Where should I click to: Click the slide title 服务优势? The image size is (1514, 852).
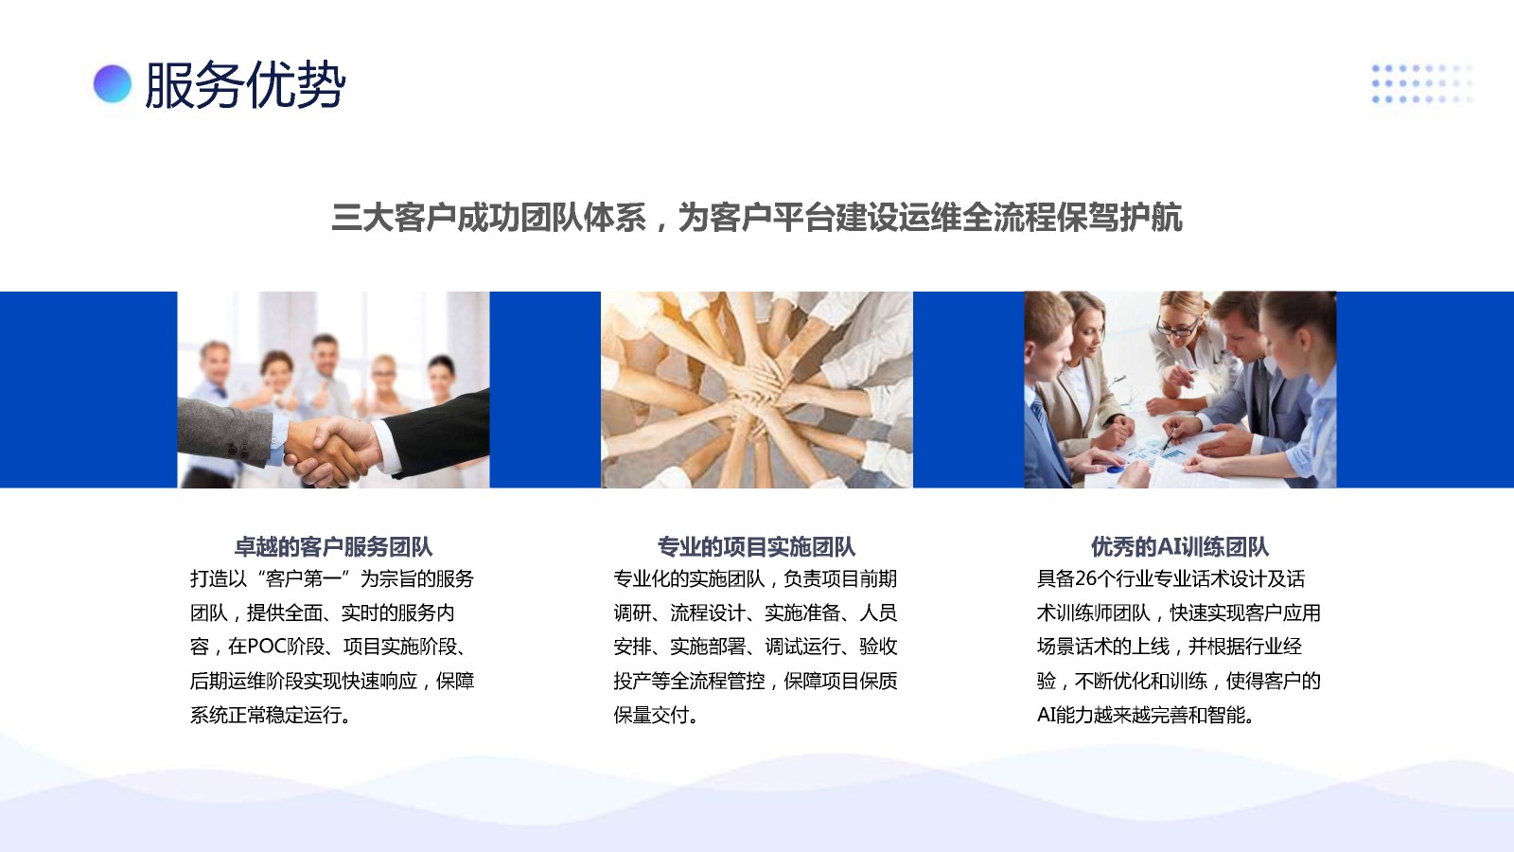[x=245, y=84]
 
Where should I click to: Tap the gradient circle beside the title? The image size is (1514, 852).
[x=113, y=84]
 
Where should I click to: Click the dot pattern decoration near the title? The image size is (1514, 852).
[x=1422, y=84]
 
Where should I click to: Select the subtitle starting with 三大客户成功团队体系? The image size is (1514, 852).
[x=756, y=218]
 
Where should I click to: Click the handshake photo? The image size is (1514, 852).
[x=333, y=389]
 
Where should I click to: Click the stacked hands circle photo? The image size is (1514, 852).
[x=756, y=389]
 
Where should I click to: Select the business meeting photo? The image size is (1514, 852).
[x=1180, y=389]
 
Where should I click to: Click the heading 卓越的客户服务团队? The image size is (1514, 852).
[x=333, y=546]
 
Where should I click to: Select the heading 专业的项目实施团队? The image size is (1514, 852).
[x=756, y=546]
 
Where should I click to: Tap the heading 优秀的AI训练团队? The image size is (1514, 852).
[x=1180, y=546]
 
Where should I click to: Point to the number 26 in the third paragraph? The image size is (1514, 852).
[x=1085, y=578]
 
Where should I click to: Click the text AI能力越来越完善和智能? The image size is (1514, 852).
[x=1140, y=715]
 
